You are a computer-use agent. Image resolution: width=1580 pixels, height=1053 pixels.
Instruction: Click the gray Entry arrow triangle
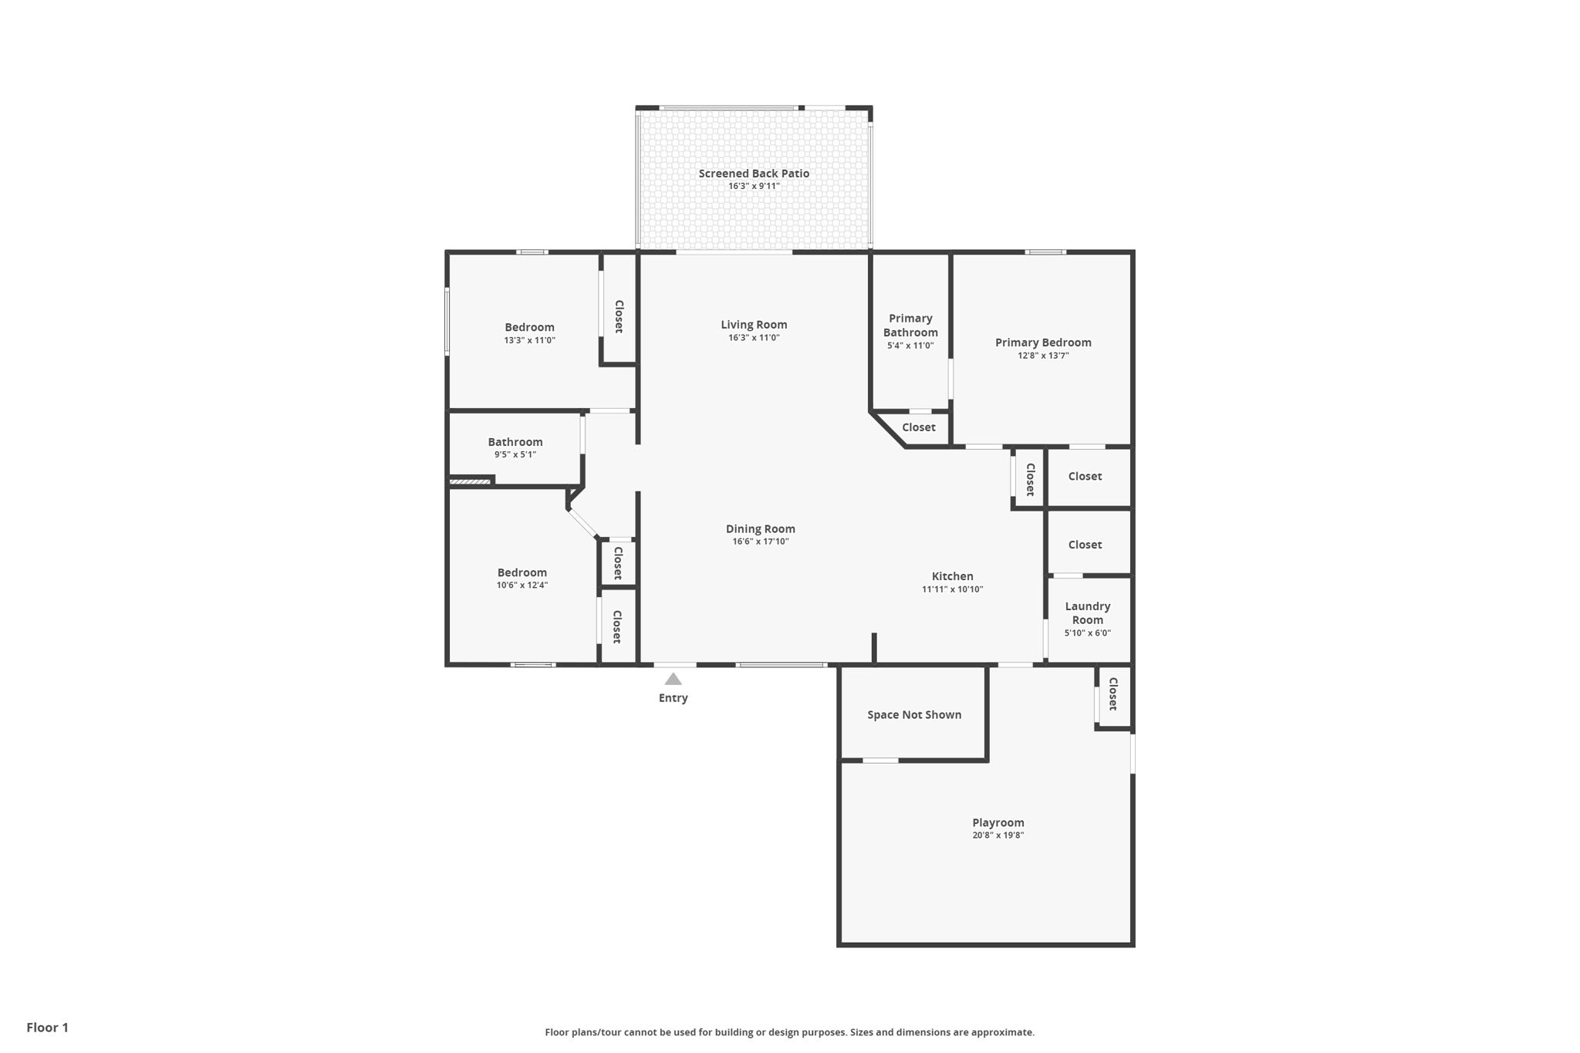coord(674,679)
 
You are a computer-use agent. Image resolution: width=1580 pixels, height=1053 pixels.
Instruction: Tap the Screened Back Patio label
coord(754,174)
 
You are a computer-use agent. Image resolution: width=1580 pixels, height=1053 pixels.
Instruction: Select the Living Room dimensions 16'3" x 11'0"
coord(754,338)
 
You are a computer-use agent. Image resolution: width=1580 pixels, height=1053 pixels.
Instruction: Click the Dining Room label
coord(761,528)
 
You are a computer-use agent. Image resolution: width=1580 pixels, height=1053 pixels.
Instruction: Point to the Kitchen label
coord(953,576)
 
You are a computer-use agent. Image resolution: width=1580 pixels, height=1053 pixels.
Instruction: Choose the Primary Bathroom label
coord(911,326)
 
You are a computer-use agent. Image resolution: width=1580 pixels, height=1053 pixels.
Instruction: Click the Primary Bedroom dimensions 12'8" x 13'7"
coord(1043,356)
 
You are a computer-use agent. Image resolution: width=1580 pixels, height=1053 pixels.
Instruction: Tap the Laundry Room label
coord(1088,613)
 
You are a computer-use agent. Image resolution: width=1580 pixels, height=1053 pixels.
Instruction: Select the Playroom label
coord(998,822)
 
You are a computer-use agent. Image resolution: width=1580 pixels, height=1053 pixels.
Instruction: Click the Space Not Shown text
coord(914,714)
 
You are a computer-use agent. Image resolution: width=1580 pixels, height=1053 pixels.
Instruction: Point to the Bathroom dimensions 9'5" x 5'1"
coord(515,454)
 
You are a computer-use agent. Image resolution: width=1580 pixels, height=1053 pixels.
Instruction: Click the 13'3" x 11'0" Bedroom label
coord(530,327)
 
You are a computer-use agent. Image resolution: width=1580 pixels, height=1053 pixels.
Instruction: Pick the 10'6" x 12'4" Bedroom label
coord(522,572)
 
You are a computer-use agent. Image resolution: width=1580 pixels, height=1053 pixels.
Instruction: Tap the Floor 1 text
coord(48,1028)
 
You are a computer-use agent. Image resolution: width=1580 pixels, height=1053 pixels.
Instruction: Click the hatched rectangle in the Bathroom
coord(471,482)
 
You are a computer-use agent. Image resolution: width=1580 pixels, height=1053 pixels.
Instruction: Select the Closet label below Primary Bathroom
coord(919,427)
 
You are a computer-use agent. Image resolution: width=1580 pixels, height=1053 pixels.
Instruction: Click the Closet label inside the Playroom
coord(1113,694)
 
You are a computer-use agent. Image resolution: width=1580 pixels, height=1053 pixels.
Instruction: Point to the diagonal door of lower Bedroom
coord(583,523)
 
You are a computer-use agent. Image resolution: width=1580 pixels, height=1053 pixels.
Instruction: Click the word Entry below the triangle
coord(674,698)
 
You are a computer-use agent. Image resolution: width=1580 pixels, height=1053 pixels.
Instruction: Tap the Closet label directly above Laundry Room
coord(1085,545)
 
